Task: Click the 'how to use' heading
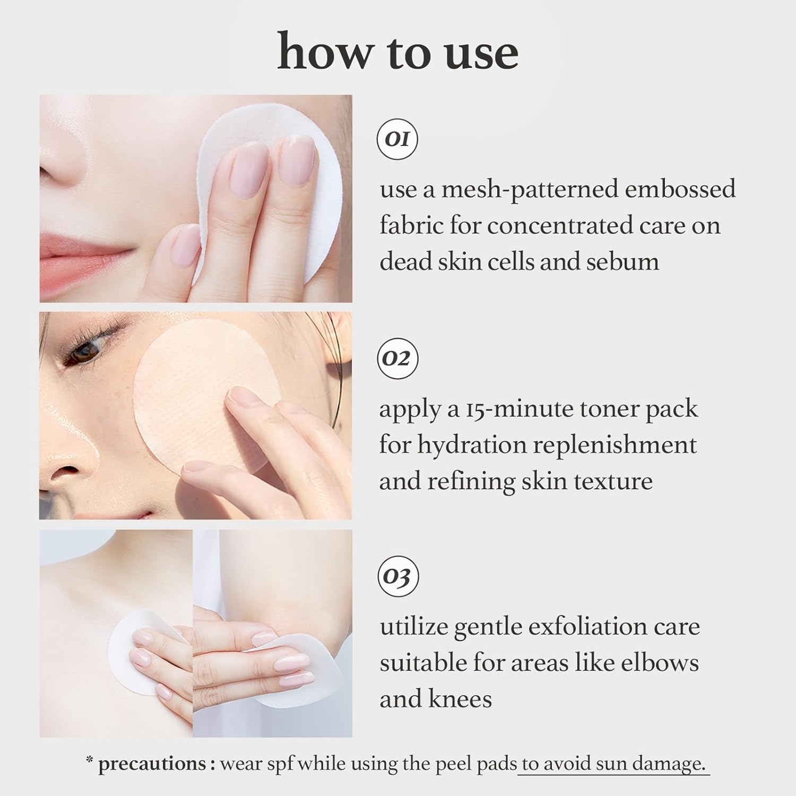click(x=398, y=52)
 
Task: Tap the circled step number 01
click(x=397, y=139)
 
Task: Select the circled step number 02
click(x=397, y=359)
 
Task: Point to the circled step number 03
click(x=397, y=576)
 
